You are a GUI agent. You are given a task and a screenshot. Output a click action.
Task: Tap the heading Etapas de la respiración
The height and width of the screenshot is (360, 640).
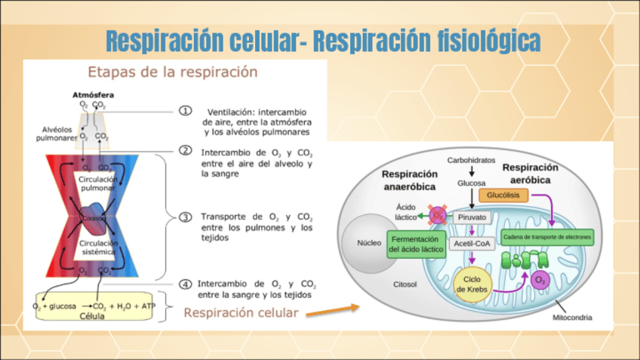pos(173,72)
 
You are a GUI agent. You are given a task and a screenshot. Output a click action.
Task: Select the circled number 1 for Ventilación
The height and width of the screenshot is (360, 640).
pos(186,111)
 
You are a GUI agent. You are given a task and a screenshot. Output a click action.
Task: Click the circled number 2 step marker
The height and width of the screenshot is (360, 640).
pos(185,151)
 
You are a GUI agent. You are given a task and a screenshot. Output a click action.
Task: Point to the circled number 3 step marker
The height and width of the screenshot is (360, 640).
pos(185,217)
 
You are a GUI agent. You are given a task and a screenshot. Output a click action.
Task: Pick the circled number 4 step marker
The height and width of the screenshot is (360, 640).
pos(185,284)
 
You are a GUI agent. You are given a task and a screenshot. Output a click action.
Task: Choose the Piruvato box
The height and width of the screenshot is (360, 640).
pos(472,217)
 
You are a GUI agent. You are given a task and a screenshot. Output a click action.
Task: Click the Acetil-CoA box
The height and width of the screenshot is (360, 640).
pos(472,244)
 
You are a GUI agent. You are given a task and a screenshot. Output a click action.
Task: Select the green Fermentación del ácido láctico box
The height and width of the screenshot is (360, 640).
pos(415,245)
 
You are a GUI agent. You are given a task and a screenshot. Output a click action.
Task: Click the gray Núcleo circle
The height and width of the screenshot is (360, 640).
pos(367,243)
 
